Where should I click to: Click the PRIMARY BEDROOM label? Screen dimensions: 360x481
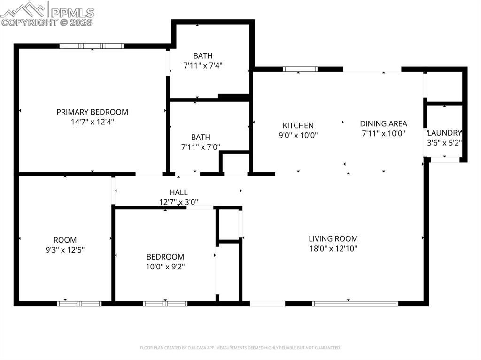(x=92, y=112)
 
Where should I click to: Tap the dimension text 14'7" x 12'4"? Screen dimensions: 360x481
(x=92, y=122)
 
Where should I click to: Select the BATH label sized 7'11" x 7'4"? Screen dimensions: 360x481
(x=202, y=56)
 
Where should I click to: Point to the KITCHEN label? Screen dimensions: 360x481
(x=298, y=125)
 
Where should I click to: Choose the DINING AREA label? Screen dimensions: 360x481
(x=383, y=123)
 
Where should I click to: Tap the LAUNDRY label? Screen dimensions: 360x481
(x=444, y=133)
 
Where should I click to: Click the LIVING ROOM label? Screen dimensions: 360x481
(x=333, y=238)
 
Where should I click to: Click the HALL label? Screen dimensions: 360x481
(x=178, y=192)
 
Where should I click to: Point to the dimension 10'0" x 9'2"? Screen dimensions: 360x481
(x=165, y=267)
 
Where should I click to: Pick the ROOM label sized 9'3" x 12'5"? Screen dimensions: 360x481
(x=65, y=240)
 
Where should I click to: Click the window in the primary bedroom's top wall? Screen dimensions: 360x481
(x=92, y=46)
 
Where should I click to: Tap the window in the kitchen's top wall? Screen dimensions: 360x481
(x=300, y=69)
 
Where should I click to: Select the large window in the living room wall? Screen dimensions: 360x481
(x=355, y=304)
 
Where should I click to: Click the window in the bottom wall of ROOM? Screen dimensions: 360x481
(x=79, y=304)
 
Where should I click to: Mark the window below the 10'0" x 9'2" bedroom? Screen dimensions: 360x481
(x=165, y=304)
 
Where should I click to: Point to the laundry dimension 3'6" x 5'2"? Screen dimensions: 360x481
(x=444, y=143)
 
